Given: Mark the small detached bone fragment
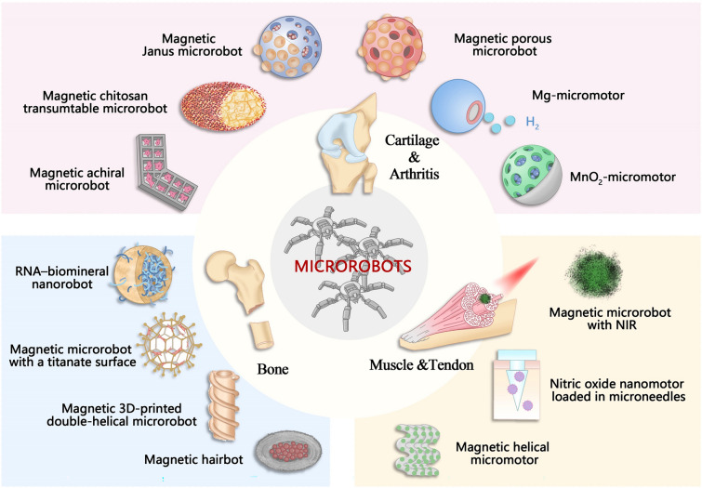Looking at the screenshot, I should [264, 332].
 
